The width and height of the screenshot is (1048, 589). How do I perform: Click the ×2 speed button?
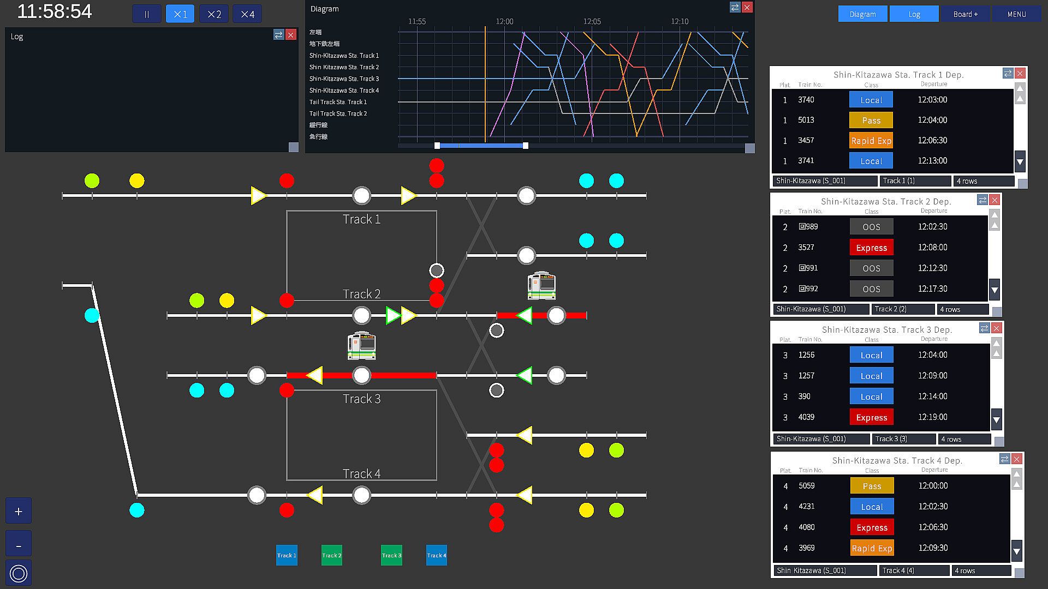(214, 14)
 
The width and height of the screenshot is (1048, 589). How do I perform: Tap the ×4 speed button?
(247, 14)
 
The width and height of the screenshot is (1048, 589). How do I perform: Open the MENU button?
(1016, 14)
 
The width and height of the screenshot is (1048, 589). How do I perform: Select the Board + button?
(965, 14)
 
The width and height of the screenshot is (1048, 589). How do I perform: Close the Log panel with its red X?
(291, 35)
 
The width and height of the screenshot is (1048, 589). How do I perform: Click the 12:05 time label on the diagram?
(592, 21)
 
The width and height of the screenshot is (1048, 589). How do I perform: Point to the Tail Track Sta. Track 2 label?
(338, 113)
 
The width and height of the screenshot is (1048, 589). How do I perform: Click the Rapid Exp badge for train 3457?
(871, 141)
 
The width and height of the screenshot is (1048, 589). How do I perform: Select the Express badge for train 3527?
(871, 248)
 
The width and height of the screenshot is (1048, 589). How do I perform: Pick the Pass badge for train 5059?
(872, 486)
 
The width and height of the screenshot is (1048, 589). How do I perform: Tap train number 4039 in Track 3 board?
(806, 417)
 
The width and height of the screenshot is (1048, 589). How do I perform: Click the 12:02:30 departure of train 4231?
(933, 507)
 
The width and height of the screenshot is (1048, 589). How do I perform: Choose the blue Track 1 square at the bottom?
(287, 555)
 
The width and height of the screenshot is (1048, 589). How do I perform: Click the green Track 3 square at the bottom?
(391, 555)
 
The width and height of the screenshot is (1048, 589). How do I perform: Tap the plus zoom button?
(19, 511)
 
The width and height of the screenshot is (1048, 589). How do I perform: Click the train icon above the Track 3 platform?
(361, 346)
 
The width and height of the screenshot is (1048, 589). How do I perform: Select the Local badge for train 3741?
(871, 161)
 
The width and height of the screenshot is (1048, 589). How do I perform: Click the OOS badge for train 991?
(871, 268)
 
